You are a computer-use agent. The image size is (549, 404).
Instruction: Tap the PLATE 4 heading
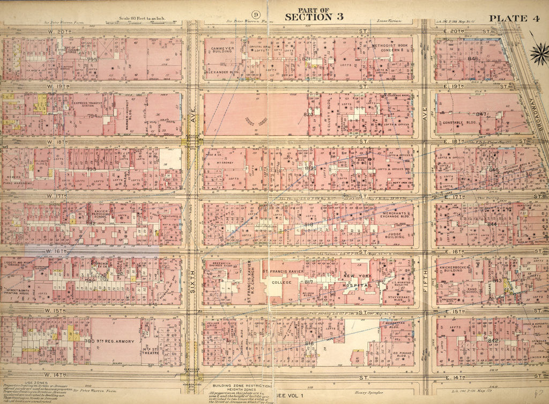512,18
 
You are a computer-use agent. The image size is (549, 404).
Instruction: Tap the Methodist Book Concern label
391,49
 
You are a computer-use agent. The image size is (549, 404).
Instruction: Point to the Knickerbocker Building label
454,269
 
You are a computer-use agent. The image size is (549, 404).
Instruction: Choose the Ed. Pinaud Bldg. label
395,355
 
